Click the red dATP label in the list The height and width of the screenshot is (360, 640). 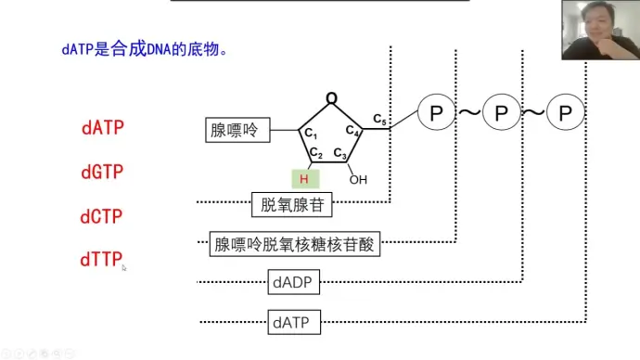pos(103,128)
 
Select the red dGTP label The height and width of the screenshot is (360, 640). pos(103,173)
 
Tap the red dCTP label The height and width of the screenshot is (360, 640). pos(103,217)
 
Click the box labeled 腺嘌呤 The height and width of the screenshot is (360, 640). pos(237,131)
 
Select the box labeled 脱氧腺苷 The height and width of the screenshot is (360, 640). pos(291,205)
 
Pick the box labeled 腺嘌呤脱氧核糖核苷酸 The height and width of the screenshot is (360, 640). pos(296,245)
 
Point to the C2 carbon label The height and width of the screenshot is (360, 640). pos(316,154)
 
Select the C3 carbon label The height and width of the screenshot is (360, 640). pos(340,154)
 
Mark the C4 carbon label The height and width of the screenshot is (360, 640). pos(353,132)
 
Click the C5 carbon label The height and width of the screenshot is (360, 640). pos(380,119)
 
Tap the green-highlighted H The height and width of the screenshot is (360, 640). pos(303,178)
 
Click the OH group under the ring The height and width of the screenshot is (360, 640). pos(358,179)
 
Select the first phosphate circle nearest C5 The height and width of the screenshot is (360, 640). pos(435,114)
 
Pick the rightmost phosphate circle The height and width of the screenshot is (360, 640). pos(565,114)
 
